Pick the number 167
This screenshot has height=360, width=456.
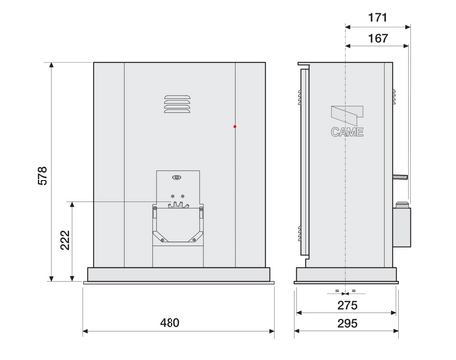(x=375, y=39)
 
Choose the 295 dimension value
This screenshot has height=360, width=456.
(x=346, y=324)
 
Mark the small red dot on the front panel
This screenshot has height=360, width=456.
(x=234, y=126)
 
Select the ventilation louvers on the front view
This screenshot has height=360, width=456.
(x=174, y=103)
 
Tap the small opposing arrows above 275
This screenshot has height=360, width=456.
(x=345, y=292)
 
